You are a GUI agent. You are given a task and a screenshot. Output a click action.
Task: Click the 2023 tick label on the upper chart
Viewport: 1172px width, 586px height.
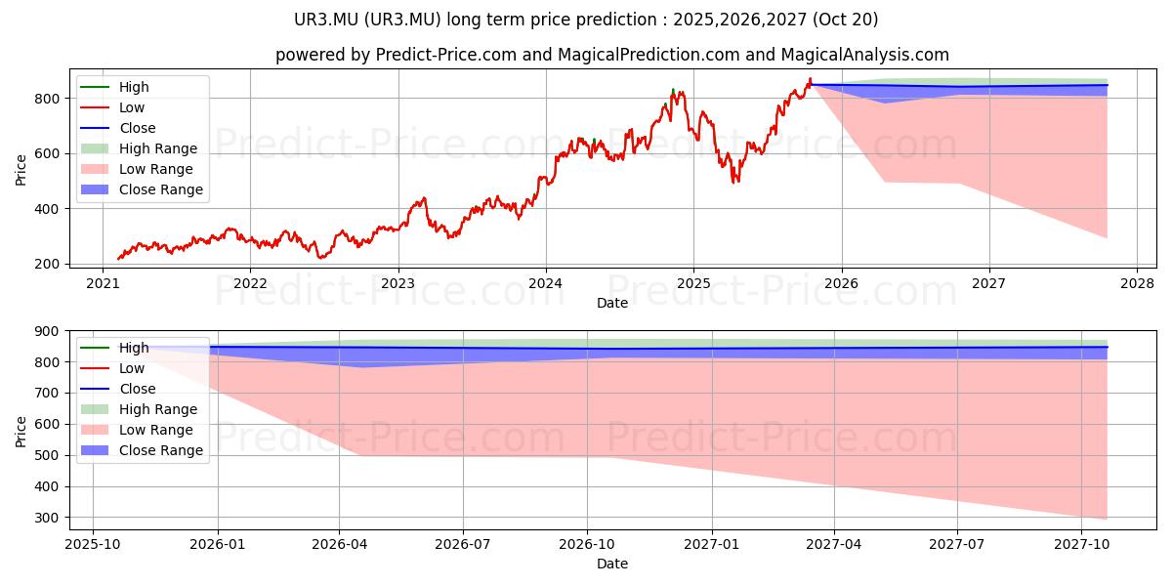pos(398,282)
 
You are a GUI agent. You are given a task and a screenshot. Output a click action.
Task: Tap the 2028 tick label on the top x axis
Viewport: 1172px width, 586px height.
pos(1137,282)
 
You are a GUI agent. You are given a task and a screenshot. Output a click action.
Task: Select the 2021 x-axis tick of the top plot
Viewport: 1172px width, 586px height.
pos(103,282)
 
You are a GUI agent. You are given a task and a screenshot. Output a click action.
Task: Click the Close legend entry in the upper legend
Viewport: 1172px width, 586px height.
pos(138,128)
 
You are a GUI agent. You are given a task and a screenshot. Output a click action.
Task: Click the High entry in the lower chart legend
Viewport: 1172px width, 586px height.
pos(134,348)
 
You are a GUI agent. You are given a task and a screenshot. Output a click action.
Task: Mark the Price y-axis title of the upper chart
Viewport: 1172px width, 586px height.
pos(21,168)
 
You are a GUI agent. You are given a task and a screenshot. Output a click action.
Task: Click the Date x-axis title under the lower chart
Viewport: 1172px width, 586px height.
pos(612,564)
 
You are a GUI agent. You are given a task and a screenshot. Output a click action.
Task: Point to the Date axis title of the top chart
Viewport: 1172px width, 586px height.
pos(612,303)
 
